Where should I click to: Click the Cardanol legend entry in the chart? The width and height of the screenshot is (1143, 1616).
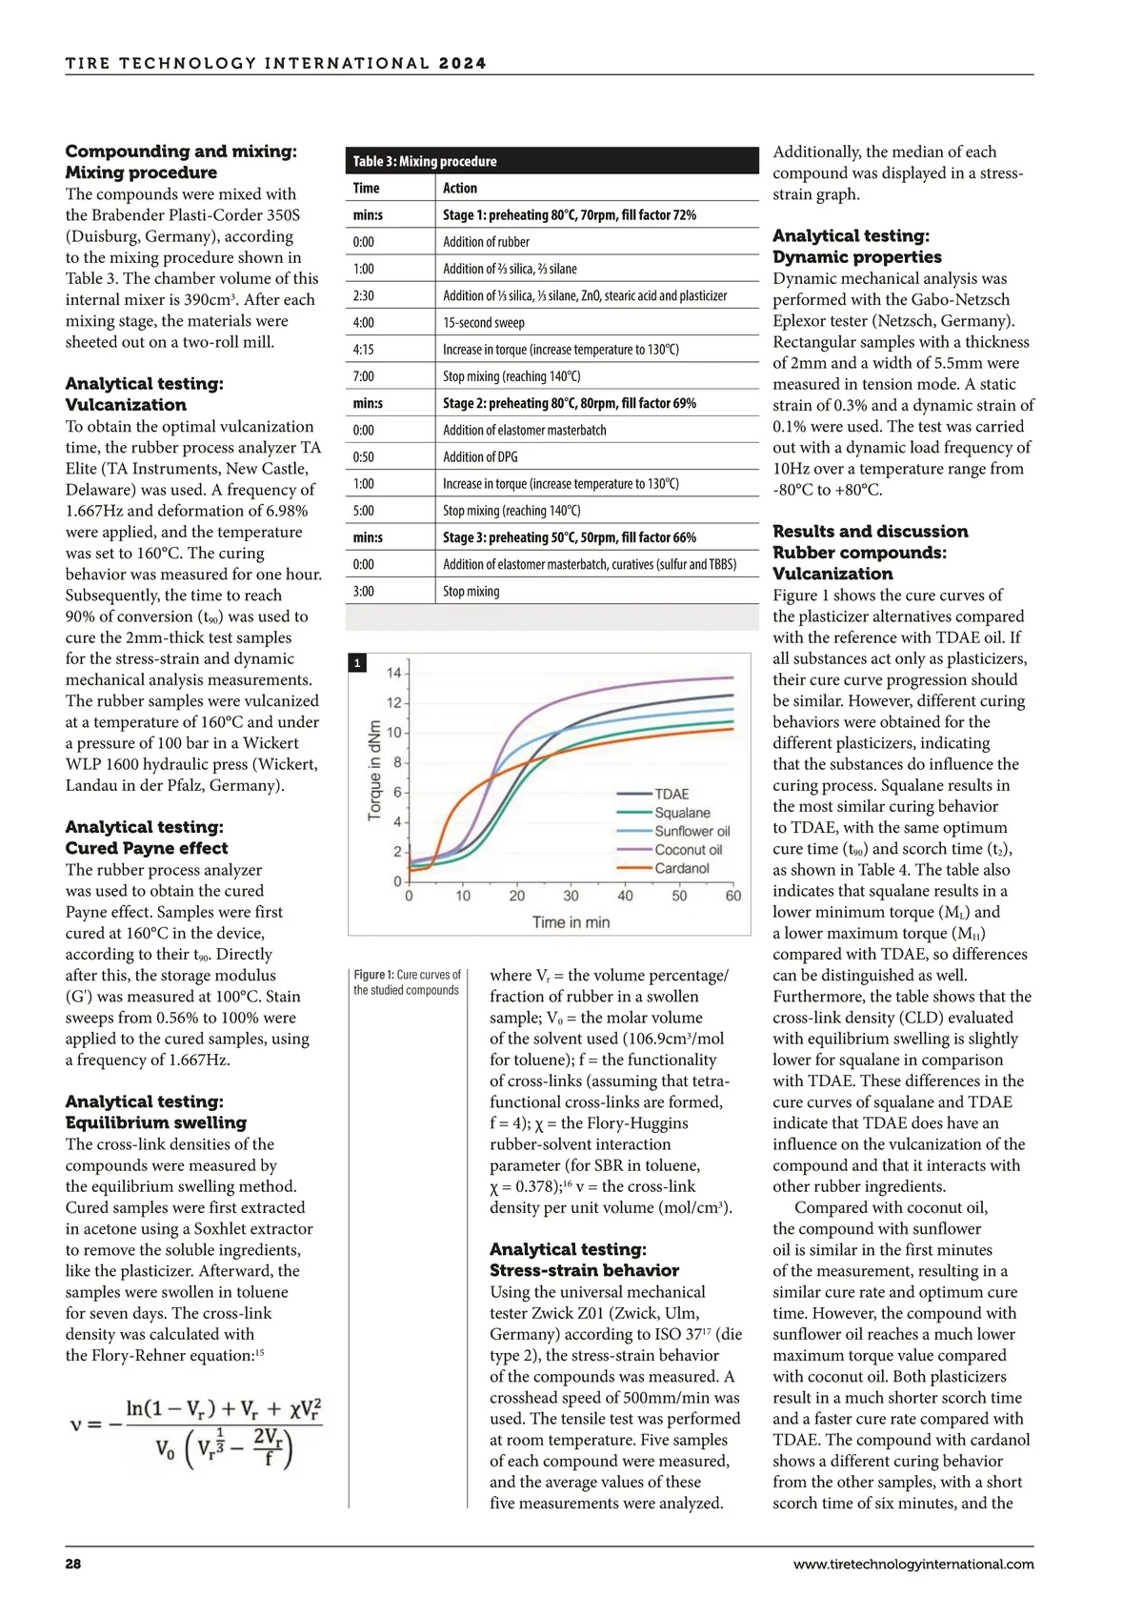681,868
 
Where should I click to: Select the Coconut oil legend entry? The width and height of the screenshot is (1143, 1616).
688,850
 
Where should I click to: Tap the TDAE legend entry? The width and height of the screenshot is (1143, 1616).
672,794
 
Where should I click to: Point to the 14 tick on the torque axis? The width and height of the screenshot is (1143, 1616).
393,674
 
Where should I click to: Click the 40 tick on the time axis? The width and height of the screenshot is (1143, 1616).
625,896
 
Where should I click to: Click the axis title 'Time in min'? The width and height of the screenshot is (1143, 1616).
571,921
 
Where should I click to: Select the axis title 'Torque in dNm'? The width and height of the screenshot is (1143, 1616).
375,768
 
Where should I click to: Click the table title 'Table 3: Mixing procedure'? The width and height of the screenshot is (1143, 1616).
425,161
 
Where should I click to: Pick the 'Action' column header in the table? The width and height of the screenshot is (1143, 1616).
460,188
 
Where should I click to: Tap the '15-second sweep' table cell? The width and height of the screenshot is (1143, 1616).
483,322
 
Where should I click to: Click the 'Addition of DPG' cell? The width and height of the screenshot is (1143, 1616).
480,456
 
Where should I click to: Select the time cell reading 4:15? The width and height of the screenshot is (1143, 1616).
364,349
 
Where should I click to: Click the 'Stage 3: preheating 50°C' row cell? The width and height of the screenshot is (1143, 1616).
569,537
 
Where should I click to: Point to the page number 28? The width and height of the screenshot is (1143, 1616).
73,1564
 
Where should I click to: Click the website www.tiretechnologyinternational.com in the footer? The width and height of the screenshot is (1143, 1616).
912,1564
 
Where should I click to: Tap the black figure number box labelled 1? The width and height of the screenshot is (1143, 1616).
357,662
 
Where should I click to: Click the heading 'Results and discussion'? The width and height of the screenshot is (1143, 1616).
870,531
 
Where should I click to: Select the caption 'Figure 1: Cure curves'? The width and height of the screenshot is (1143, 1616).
407,982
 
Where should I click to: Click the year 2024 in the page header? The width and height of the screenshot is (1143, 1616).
463,64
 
